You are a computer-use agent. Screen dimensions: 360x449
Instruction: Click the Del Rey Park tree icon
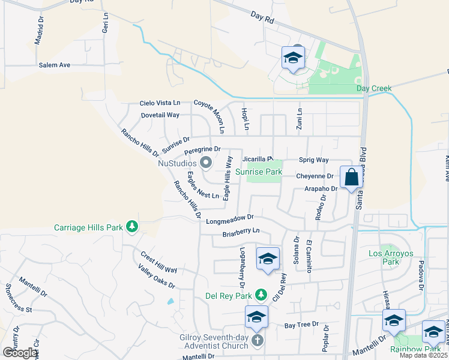[261, 294]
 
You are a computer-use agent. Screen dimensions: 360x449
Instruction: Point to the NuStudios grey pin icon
[206, 163]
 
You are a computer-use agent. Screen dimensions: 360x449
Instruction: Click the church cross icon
[258, 341]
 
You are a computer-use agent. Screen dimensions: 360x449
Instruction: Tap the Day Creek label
[373, 89]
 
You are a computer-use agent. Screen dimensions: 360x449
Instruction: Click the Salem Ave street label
[55, 65]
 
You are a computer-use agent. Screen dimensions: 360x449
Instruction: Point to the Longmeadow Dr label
[230, 220]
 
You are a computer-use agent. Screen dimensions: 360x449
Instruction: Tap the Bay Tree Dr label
[301, 325]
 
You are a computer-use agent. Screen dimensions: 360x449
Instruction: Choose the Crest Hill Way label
[159, 262]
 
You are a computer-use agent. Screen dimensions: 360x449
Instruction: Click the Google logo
[20, 353]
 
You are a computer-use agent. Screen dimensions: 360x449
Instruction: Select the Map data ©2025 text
[423, 355]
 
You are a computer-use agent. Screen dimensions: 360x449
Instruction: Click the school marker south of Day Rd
[292, 58]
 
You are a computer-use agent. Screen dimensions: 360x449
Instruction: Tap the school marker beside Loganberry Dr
[268, 259]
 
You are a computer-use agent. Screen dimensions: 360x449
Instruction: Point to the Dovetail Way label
[160, 115]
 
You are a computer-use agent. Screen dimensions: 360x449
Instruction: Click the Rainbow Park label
[415, 349]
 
